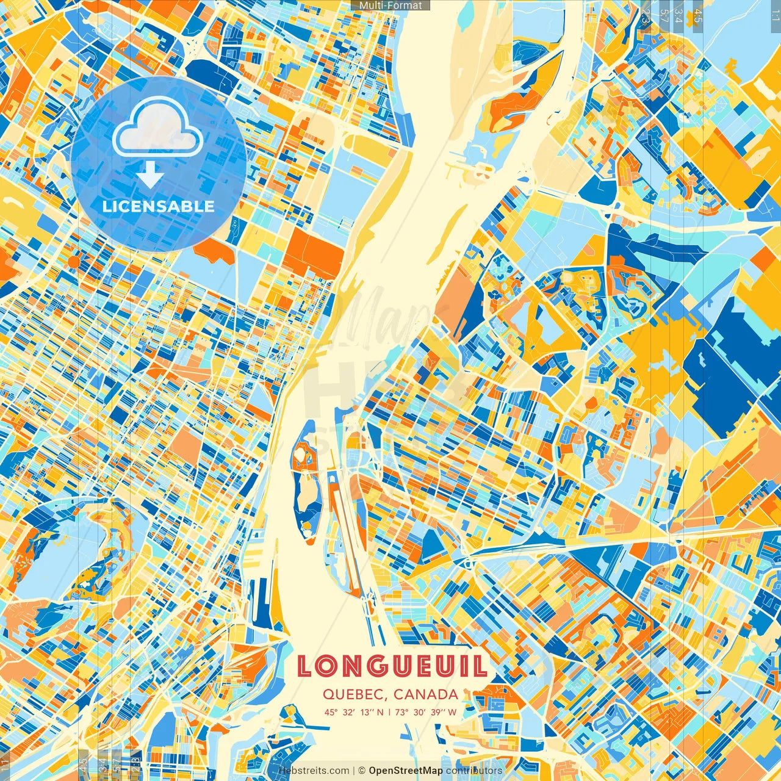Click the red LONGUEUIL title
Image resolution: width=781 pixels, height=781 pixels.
pyautogui.click(x=392, y=666)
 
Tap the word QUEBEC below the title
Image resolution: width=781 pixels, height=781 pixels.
pyautogui.click(x=355, y=694)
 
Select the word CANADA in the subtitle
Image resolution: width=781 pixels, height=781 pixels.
pyautogui.click(x=426, y=694)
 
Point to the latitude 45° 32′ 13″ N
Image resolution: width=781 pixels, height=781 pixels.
pyautogui.click(x=355, y=712)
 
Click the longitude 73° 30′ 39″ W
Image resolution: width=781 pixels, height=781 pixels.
pyautogui.click(x=426, y=712)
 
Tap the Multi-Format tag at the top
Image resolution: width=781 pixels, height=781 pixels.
pyautogui.click(x=390, y=5)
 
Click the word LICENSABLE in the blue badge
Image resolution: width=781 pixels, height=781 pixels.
pyautogui.click(x=159, y=206)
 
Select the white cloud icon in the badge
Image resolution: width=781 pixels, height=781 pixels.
pyautogui.click(x=157, y=128)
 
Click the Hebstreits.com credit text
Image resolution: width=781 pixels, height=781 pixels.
pyautogui.click(x=314, y=771)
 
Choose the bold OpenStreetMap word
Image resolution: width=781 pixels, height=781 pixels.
pyautogui.click(x=405, y=771)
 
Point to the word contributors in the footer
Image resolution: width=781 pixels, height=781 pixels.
pyautogui.click(x=474, y=771)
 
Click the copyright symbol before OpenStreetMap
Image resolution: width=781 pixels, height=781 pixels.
pyautogui.click(x=361, y=771)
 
